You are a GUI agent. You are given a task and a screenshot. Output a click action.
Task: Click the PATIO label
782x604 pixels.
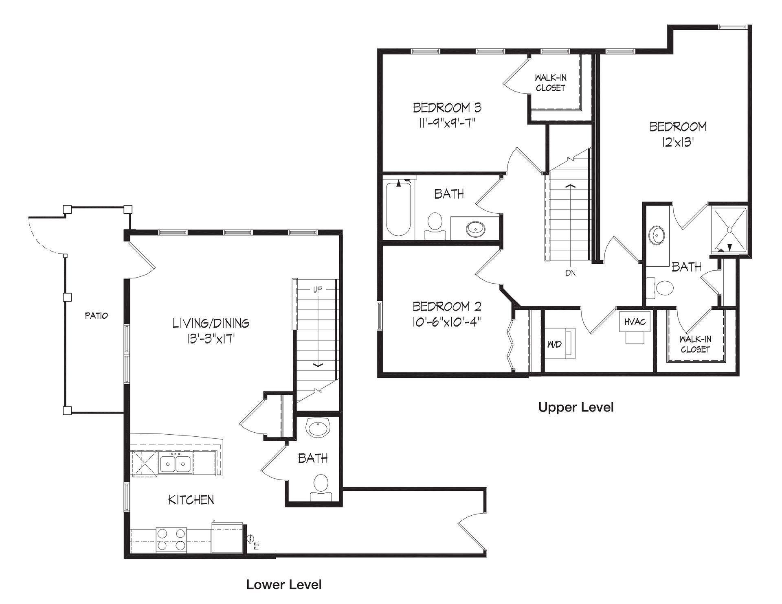(97, 315)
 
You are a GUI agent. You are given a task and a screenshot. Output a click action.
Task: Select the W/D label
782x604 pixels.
(554, 344)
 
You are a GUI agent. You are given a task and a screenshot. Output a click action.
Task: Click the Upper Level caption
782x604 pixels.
(576, 407)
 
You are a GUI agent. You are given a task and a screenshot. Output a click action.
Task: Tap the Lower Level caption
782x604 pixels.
(284, 584)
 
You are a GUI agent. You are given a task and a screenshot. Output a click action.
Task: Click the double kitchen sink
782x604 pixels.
(176, 463)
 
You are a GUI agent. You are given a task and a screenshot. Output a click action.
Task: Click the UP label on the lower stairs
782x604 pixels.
(317, 290)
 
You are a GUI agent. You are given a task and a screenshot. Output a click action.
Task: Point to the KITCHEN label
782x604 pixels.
(191, 499)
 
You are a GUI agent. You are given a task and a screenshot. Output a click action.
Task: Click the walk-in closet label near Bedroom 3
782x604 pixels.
(551, 83)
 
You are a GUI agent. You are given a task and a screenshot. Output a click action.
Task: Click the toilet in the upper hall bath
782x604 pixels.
(435, 226)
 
